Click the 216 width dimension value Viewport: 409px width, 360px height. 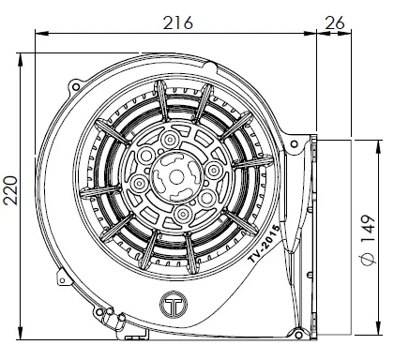click(x=178, y=22)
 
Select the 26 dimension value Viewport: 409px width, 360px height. click(x=335, y=22)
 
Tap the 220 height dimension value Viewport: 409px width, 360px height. click(x=10, y=190)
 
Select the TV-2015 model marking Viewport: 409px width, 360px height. click(x=264, y=244)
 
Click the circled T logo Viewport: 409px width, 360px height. click(x=174, y=304)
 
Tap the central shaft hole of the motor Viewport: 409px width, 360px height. click(x=176, y=177)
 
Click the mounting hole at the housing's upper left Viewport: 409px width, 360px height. click(x=75, y=86)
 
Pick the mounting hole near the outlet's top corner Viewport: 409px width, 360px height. click(x=294, y=144)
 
